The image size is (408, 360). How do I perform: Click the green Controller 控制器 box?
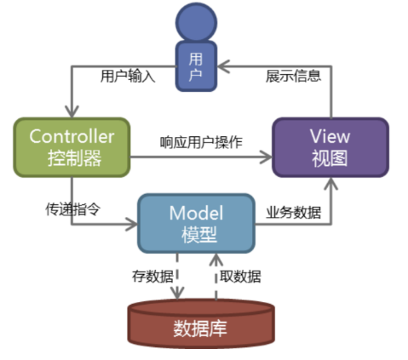point(72,147)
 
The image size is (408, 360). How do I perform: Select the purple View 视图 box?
point(330,147)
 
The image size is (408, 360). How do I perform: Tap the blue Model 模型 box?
point(196,223)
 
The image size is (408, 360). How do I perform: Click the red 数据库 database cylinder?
point(201,323)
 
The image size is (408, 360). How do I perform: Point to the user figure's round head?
point(196,22)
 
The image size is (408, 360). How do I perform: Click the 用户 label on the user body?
point(196,67)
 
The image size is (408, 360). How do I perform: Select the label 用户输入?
point(128,76)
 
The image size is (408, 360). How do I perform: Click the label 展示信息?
point(293,76)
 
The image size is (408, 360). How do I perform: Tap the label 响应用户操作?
point(201,142)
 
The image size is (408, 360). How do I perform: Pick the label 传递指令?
point(73,209)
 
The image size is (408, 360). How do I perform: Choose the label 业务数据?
point(293,212)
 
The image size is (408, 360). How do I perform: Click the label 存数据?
point(152,276)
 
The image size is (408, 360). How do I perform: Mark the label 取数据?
point(240,276)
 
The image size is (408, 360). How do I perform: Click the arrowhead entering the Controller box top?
point(72,111)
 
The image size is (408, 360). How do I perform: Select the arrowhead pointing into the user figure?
point(224,66)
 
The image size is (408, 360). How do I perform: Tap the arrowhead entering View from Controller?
point(266,157)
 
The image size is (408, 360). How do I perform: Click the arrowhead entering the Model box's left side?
point(131,225)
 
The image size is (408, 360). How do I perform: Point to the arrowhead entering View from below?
point(331,184)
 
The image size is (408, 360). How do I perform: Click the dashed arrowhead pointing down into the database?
point(177,293)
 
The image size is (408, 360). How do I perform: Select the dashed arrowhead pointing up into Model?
point(216,260)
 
